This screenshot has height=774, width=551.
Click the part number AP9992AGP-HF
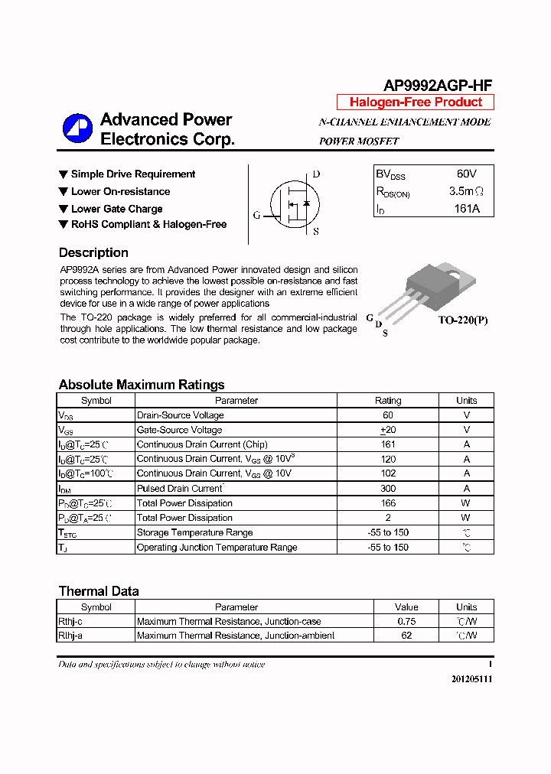pyautogui.click(x=437, y=86)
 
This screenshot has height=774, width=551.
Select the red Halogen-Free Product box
pyautogui.click(x=416, y=102)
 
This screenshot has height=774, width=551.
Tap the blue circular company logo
pyautogui.click(x=77, y=128)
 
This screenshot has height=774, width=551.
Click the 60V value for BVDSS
pyautogui.click(x=466, y=174)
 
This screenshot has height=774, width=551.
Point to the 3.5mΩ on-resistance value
pyautogui.click(x=466, y=191)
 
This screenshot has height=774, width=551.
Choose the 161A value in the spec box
pyautogui.click(x=466, y=208)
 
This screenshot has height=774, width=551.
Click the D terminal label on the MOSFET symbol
pyautogui.click(x=317, y=174)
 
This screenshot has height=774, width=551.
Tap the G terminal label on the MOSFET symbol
pyautogui.click(x=256, y=215)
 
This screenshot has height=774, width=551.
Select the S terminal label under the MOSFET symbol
pyautogui.click(x=316, y=230)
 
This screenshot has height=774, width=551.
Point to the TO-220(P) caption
pyautogui.click(x=462, y=320)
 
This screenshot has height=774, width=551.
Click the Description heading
pyautogui.click(x=93, y=253)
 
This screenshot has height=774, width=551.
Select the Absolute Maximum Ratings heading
pyautogui.click(x=142, y=385)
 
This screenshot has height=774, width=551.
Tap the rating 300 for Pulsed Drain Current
pyautogui.click(x=388, y=489)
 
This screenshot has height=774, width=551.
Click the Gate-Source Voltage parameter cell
pyautogui.click(x=179, y=430)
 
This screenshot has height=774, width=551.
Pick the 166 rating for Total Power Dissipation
pyautogui.click(x=388, y=503)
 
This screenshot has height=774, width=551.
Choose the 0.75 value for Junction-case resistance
pyautogui.click(x=406, y=622)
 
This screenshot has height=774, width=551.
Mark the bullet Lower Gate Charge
pyautogui.click(x=116, y=209)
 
